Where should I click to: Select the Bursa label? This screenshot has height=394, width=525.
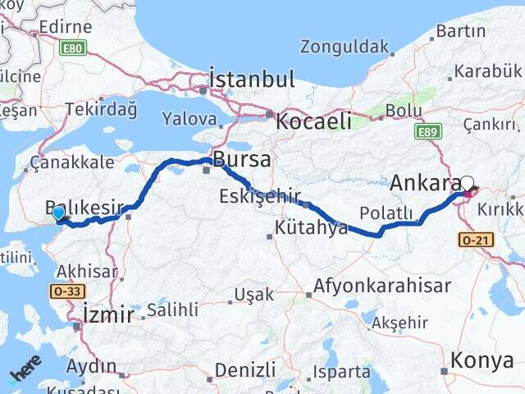[x=241, y=158]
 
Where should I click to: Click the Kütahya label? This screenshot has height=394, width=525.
[x=312, y=227]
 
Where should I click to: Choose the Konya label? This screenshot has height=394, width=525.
[x=482, y=360]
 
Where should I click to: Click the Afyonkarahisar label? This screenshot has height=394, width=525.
[x=382, y=286]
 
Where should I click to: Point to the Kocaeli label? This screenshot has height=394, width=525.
[x=314, y=121]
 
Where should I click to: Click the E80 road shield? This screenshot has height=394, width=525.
[x=73, y=48]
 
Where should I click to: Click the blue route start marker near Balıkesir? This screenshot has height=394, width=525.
[x=58, y=213]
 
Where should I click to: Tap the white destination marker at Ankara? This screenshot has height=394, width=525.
[x=467, y=184]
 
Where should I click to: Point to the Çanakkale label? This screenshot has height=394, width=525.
[x=72, y=163]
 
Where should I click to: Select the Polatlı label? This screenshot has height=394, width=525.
[x=386, y=213]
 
